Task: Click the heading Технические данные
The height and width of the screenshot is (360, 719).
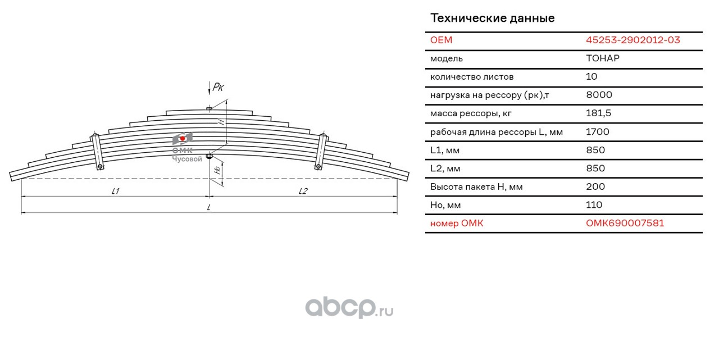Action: tap(492, 18)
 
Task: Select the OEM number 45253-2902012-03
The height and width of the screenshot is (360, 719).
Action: tap(632, 40)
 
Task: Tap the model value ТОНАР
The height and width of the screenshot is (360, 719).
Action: tap(602, 58)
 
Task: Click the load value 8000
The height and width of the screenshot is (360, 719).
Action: tap(598, 95)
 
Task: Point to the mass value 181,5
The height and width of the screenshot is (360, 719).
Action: tap(598, 113)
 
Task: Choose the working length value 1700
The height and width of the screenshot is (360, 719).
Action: tap(597, 132)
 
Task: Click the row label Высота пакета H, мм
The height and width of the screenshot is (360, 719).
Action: tap(476, 186)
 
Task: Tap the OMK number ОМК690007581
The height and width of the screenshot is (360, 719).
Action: tap(625, 223)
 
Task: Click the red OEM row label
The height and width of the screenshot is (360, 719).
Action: tap(441, 40)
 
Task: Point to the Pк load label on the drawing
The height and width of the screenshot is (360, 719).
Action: tap(218, 86)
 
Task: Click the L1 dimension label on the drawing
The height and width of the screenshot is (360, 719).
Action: tap(115, 191)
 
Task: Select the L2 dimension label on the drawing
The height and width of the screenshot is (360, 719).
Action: tap(303, 191)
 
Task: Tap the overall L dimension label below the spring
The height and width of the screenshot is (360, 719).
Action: tap(208, 207)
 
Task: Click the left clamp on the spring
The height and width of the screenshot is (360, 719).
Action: tap(97, 150)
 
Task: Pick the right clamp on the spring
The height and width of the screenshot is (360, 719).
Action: tap(321, 151)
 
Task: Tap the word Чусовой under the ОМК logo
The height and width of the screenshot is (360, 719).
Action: tap(186, 159)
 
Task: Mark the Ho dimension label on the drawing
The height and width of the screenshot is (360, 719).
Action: tap(217, 170)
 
